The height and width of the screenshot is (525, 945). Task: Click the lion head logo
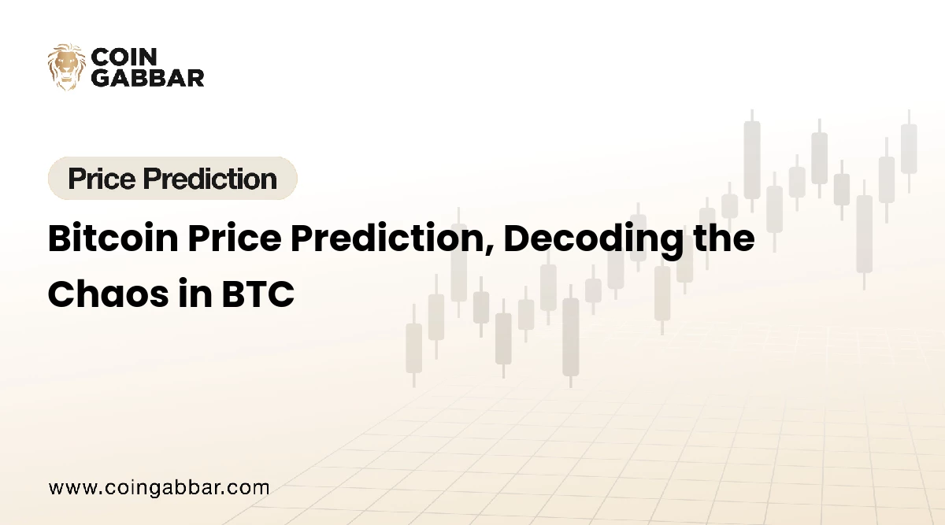point(67,67)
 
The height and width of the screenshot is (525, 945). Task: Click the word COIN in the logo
point(124,57)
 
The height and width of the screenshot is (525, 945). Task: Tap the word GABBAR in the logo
point(148,78)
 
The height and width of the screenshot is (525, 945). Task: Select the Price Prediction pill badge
point(172,178)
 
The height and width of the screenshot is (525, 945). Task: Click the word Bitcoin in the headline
point(113,238)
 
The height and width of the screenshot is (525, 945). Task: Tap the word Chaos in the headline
point(109,294)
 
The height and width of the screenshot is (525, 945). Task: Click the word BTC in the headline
point(258,294)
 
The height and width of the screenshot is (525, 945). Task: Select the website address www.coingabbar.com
point(159,488)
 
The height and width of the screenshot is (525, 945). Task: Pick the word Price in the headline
point(235,238)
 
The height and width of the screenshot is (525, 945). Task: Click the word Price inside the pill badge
point(102,179)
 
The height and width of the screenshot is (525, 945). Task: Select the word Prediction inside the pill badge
point(210,179)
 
